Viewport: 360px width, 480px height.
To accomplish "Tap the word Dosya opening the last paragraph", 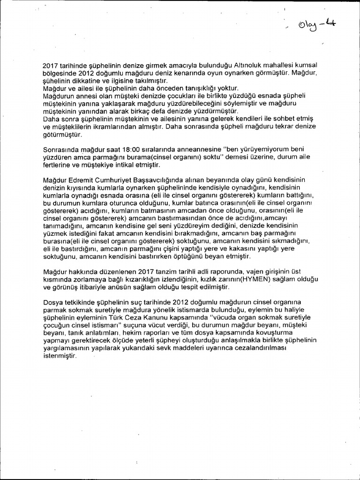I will click(52, 302).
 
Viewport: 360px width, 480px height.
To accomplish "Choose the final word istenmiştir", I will click(60, 356).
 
